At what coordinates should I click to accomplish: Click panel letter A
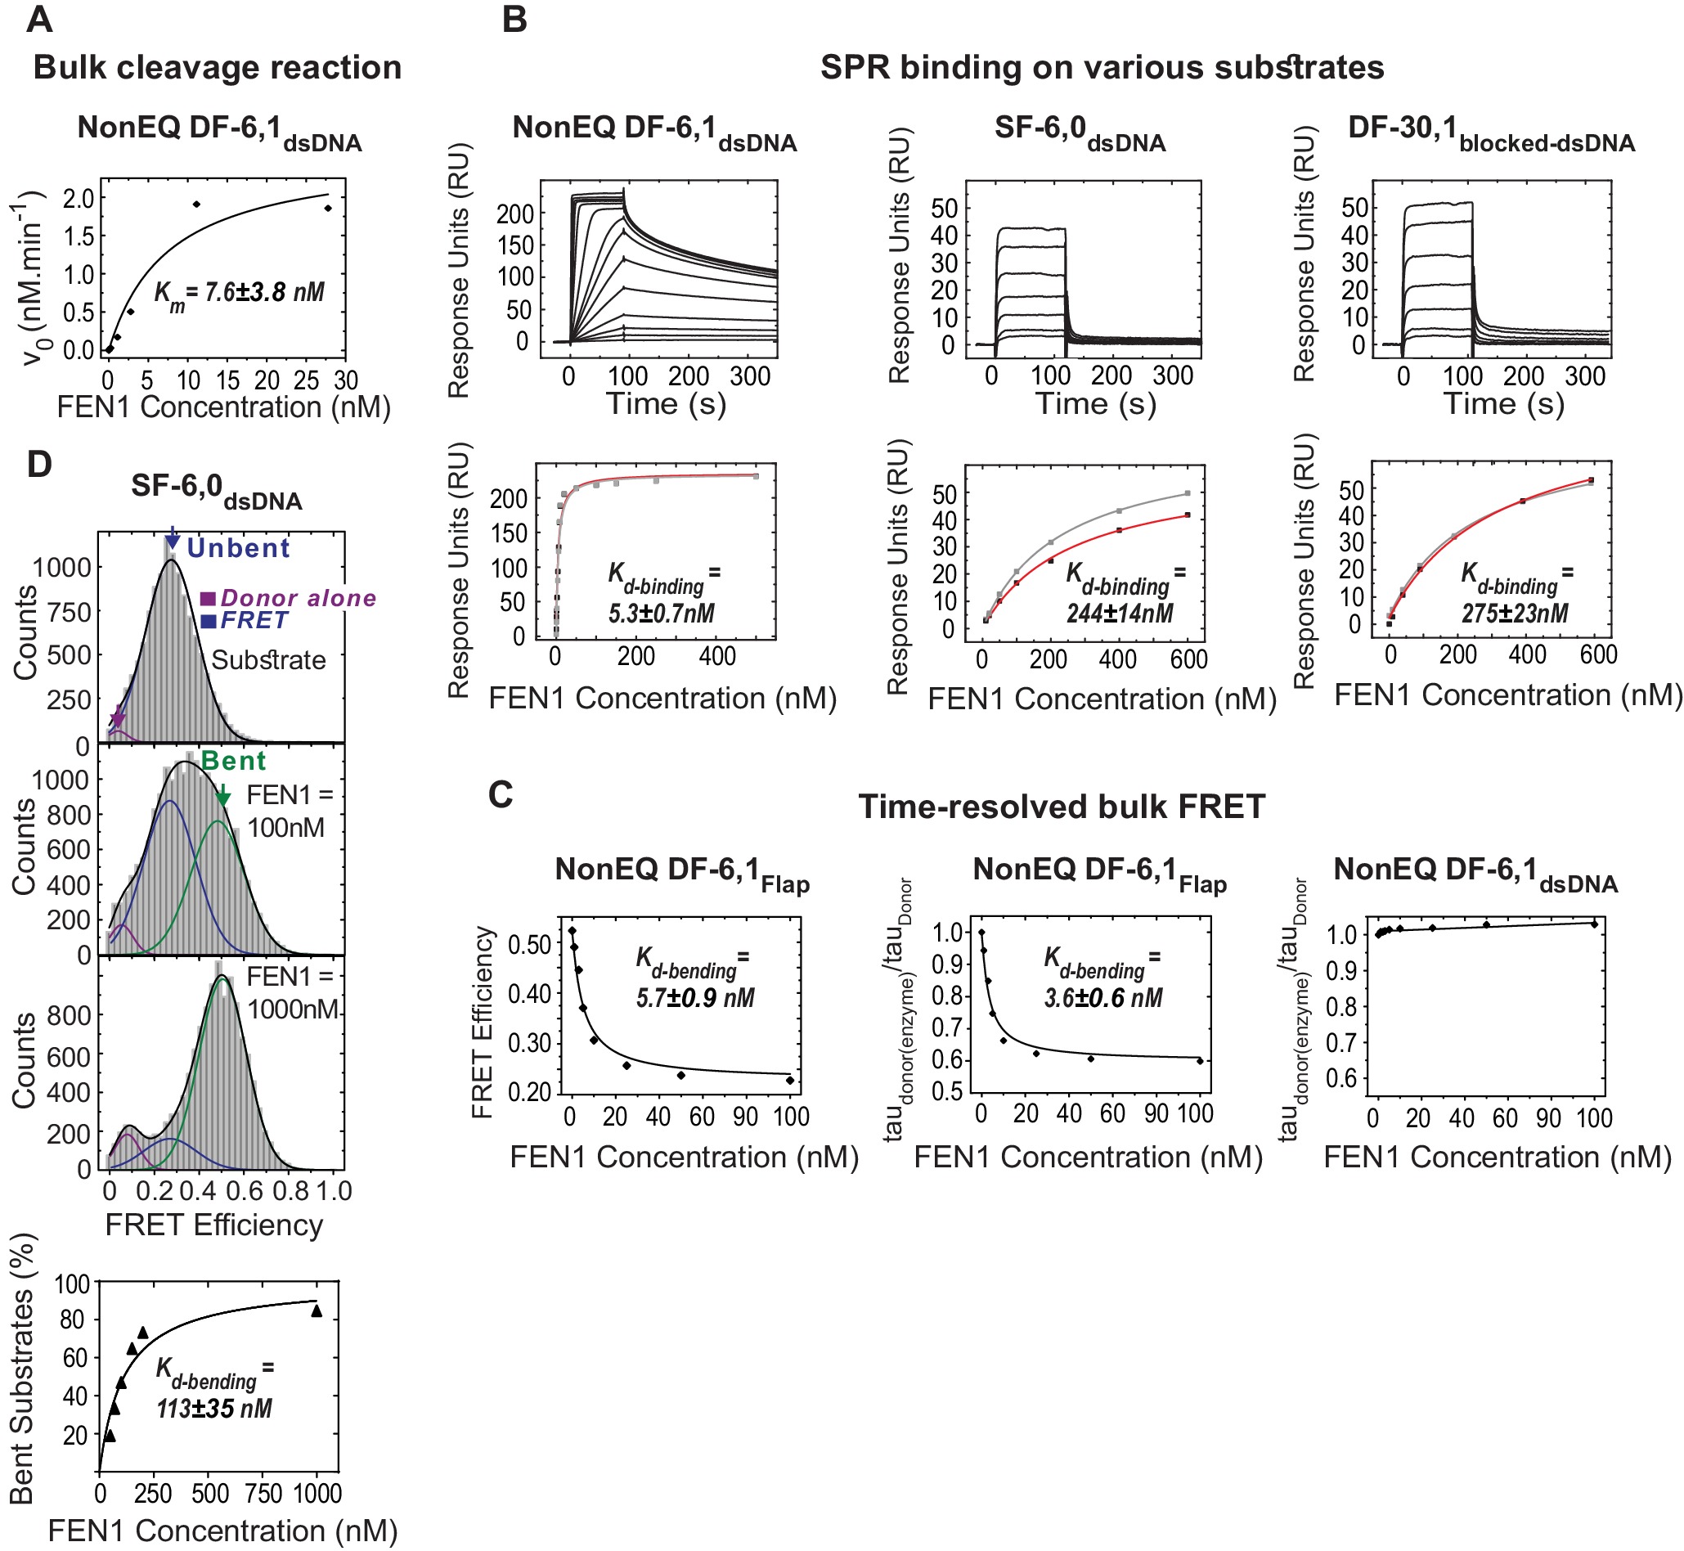[x=39, y=20]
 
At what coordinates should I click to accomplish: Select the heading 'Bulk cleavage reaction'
[x=218, y=68]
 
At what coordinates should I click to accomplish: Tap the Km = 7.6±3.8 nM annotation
[x=239, y=293]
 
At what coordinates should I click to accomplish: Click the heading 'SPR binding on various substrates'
[x=1102, y=68]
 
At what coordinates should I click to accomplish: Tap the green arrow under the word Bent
[x=222, y=795]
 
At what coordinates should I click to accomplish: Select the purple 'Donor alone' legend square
[x=208, y=599]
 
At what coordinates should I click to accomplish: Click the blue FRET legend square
[x=208, y=621]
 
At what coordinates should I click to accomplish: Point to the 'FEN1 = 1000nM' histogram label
[x=291, y=993]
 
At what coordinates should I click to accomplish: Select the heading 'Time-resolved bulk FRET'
[x=1062, y=807]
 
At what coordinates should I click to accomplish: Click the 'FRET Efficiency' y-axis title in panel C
[x=483, y=1022]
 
